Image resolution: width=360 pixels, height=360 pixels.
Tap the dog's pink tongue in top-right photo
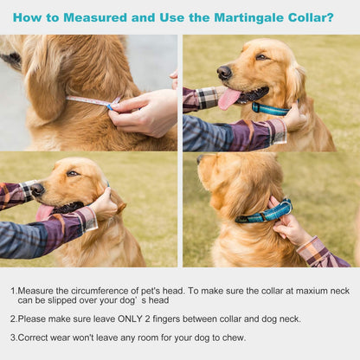[x=228, y=99]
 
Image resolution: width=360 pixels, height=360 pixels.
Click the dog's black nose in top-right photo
[x=223, y=72]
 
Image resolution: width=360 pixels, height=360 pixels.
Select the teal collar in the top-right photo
[x=270, y=108]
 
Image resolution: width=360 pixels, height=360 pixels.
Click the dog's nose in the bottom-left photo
[x=37, y=189]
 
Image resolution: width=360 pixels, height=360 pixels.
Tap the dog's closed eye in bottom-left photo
[x=73, y=173]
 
